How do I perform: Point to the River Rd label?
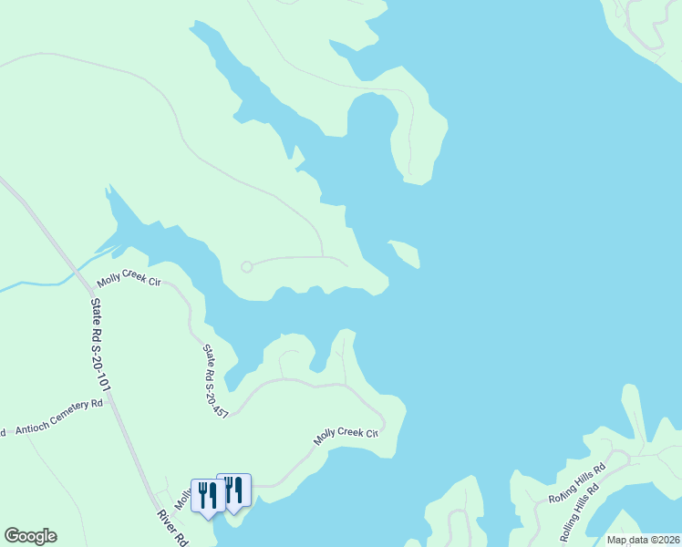pyautogui.click(x=170, y=527)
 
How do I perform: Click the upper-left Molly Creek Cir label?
pyautogui.click(x=129, y=284)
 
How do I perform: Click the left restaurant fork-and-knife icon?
pyautogui.click(x=207, y=495)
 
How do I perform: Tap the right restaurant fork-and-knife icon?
pyautogui.click(x=233, y=490)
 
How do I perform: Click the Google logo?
pyautogui.click(x=30, y=536)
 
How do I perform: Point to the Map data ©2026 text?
pyautogui.click(x=644, y=540)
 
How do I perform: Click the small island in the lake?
pyautogui.click(x=405, y=253)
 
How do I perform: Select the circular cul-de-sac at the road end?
pyautogui.click(x=246, y=266)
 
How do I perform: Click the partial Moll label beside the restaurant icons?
pyautogui.click(x=181, y=498)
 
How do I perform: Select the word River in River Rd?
pyautogui.click(x=166, y=521)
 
